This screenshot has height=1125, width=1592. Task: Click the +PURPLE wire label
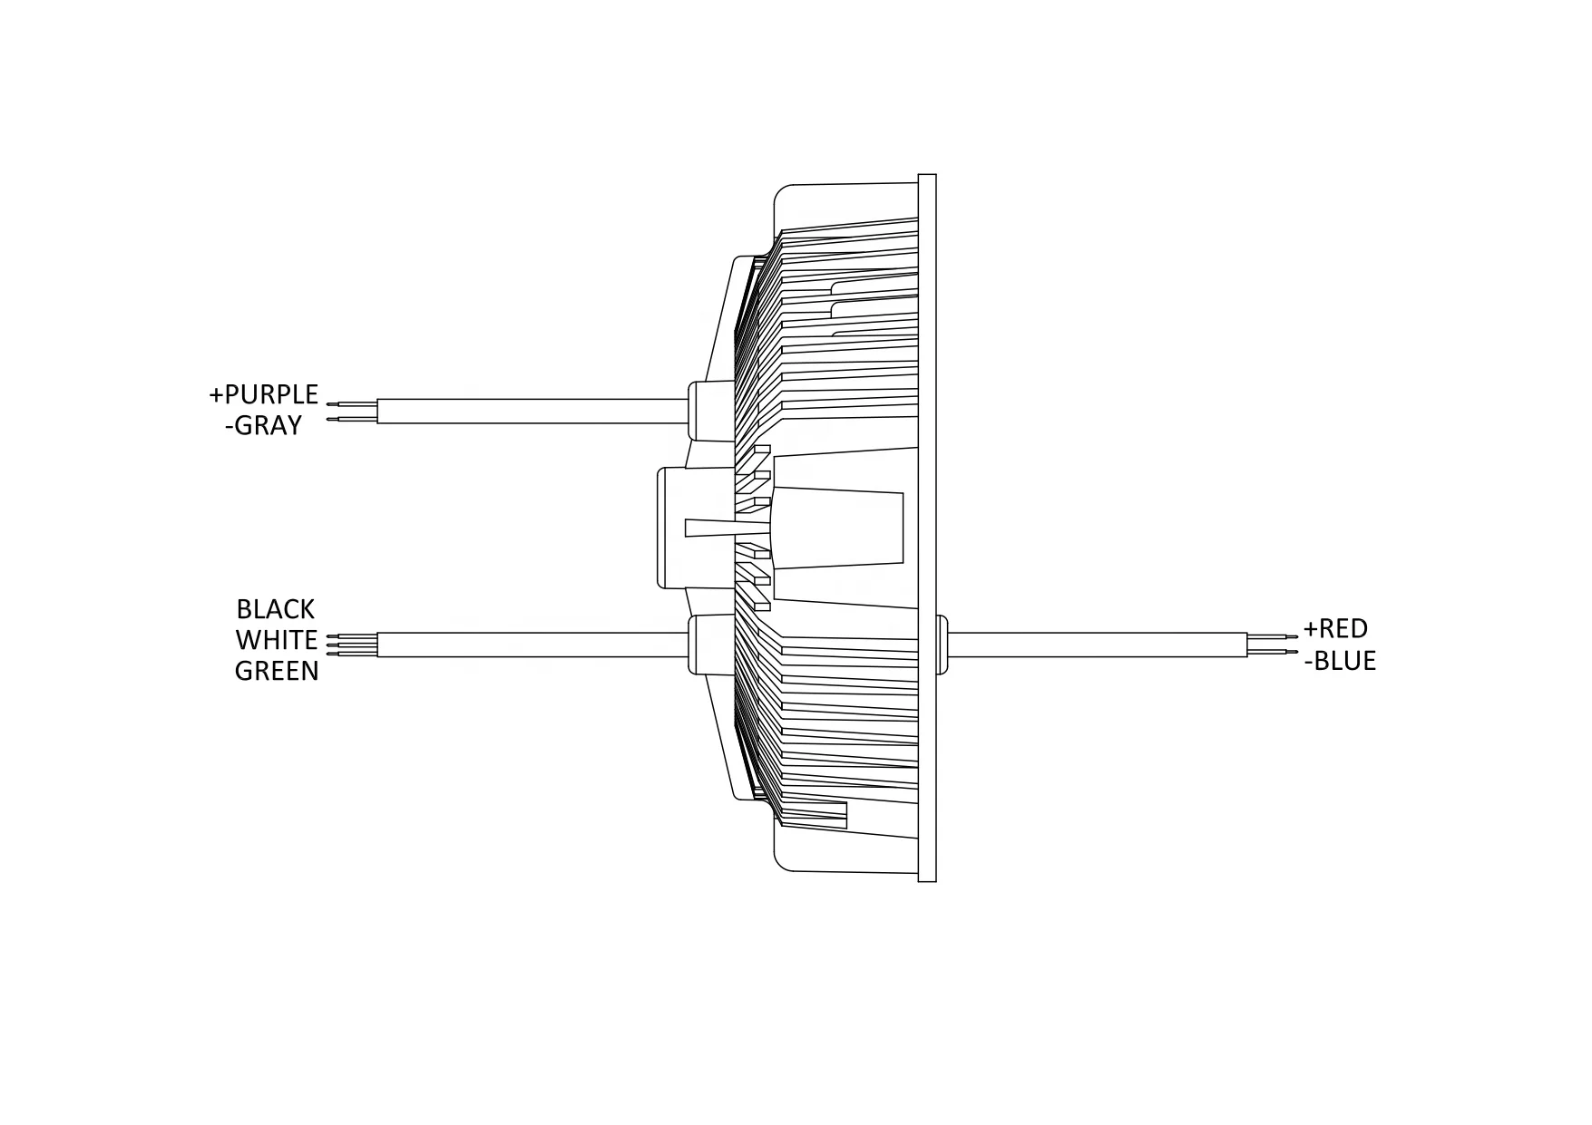tap(263, 395)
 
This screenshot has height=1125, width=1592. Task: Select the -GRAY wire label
tap(263, 425)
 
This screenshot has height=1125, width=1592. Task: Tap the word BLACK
tap(275, 609)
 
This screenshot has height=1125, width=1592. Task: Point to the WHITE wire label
tap(276, 640)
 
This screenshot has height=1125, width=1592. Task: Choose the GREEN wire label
tap(276, 671)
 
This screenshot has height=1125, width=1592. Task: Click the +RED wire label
tap(1335, 628)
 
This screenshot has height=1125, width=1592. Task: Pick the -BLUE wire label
tap(1340, 661)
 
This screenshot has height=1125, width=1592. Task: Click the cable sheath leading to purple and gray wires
tap(531, 412)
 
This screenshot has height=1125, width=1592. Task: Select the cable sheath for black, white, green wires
tap(531, 645)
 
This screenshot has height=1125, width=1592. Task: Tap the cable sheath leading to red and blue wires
tap(1098, 645)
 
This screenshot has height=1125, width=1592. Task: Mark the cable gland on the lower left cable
tap(708, 645)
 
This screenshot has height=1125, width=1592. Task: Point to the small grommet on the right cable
tap(942, 645)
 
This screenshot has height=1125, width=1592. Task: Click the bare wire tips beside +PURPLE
tap(351, 412)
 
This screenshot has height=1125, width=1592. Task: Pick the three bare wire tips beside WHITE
tap(351, 645)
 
